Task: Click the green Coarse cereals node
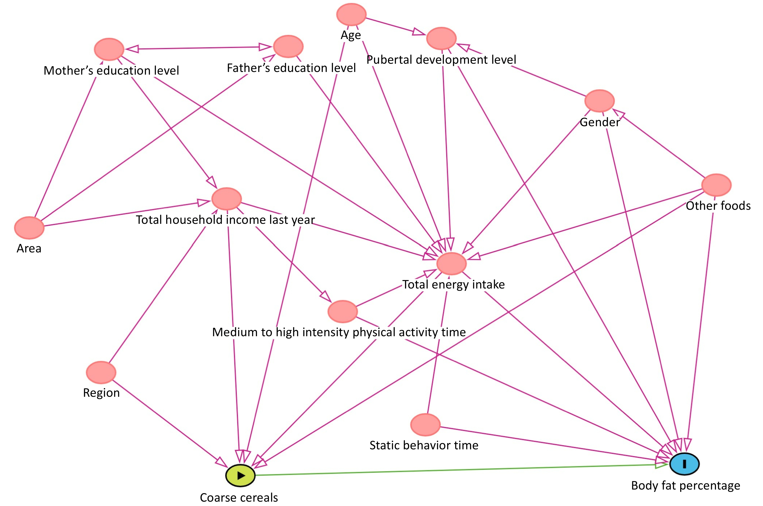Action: tap(240, 475)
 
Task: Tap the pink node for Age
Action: tap(351, 15)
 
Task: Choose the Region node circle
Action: tap(101, 372)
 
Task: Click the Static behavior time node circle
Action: tap(425, 425)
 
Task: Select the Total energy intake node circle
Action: tap(451, 264)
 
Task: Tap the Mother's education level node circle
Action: tap(109, 49)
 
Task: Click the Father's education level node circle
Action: tap(288, 47)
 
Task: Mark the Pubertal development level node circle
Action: tap(441, 39)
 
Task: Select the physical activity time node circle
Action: tap(342, 311)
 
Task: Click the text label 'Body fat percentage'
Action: tap(685, 485)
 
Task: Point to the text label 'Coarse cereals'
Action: tap(239, 497)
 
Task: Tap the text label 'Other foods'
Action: tap(718, 206)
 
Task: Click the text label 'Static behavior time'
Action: tap(424, 445)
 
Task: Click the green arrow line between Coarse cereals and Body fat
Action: tap(452, 470)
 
